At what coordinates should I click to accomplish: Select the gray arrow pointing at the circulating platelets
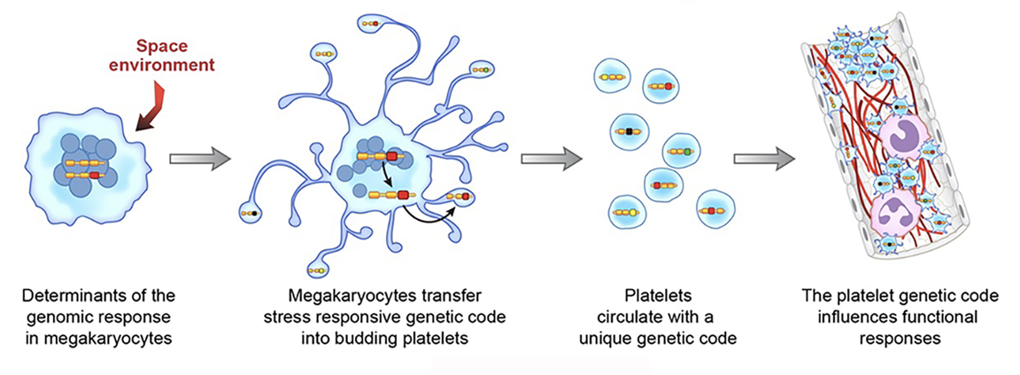(x=551, y=160)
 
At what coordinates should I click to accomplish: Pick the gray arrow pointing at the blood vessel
(x=763, y=160)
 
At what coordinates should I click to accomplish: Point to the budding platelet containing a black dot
(x=251, y=213)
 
